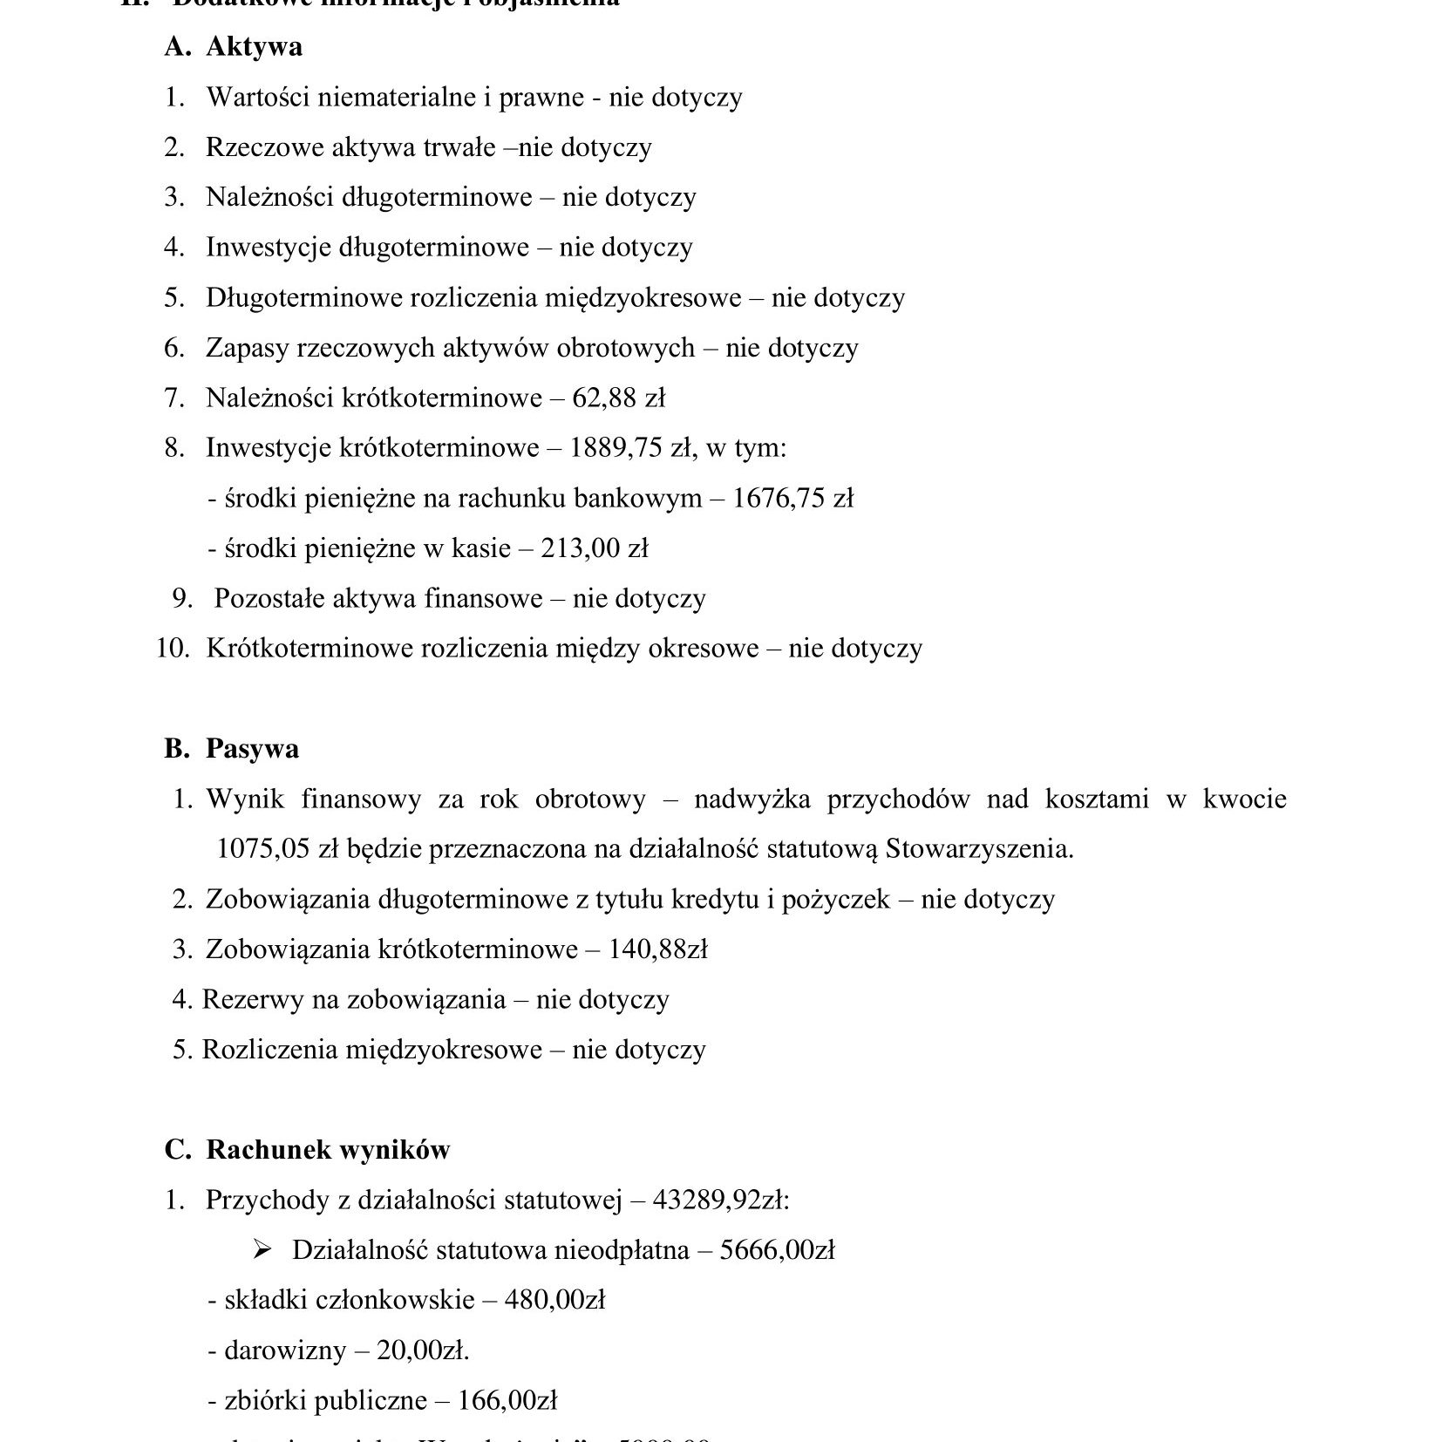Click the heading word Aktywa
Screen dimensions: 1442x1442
point(254,47)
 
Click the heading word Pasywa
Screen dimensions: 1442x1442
point(252,749)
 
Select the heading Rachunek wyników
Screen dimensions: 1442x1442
point(328,1150)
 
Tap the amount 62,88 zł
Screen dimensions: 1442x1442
point(619,398)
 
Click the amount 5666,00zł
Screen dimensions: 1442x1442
point(778,1250)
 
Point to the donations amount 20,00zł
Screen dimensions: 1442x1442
point(422,1351)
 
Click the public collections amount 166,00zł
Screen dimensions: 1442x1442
point(506,1401)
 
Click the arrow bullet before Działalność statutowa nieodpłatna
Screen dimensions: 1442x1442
point(260,1250)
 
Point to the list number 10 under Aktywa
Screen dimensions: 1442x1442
point(173,649)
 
